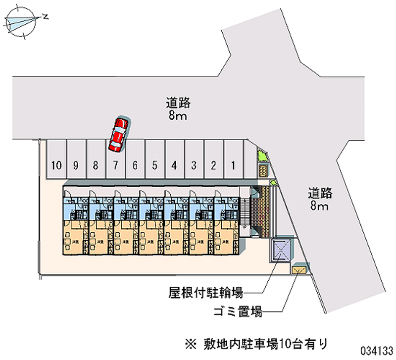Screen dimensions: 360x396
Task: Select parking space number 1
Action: tap(233, 159)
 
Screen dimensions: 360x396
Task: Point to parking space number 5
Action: tap(154, 159)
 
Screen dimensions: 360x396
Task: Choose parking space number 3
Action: tap(194, 159)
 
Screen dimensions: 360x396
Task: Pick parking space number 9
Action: tap(76, 159)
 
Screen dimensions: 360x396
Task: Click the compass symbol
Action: tap(22, 21)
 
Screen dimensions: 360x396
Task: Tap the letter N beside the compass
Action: tap(46, 16)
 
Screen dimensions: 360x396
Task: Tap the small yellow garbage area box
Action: tap(299, 270)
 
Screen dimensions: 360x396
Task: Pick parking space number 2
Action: tap(214, 159)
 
